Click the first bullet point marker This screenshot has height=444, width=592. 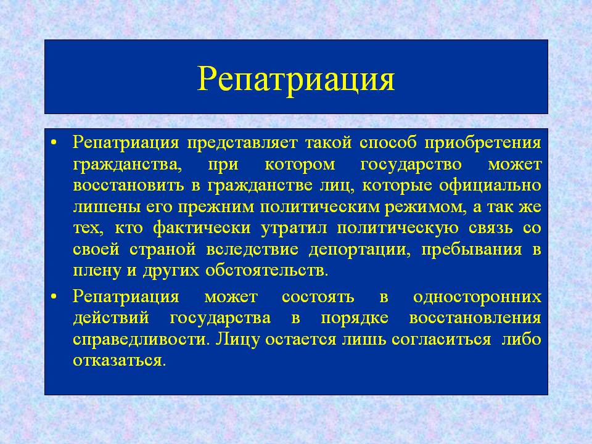click(54, 144)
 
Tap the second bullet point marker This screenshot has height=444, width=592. click(54, 297)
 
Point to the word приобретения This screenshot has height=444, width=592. click(483, 144)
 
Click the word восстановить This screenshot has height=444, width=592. click(129, 186)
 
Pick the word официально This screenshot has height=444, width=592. click(490, 186)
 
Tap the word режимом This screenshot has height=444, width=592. click(425, 208)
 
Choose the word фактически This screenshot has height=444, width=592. click(202, 228)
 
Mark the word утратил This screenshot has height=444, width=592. click(294, 228)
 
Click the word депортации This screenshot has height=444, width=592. click(360, 250)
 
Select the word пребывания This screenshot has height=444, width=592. click(472, 250)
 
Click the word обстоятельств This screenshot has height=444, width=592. click(266, 271)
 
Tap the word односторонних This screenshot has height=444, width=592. click(477, 297)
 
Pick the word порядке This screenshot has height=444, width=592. click(355, 318)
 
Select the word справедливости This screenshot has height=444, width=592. click(141, 340)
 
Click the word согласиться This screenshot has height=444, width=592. click(442, 339)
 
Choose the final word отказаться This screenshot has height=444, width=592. click(119, 360)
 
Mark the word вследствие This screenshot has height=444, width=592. click(252, 250)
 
